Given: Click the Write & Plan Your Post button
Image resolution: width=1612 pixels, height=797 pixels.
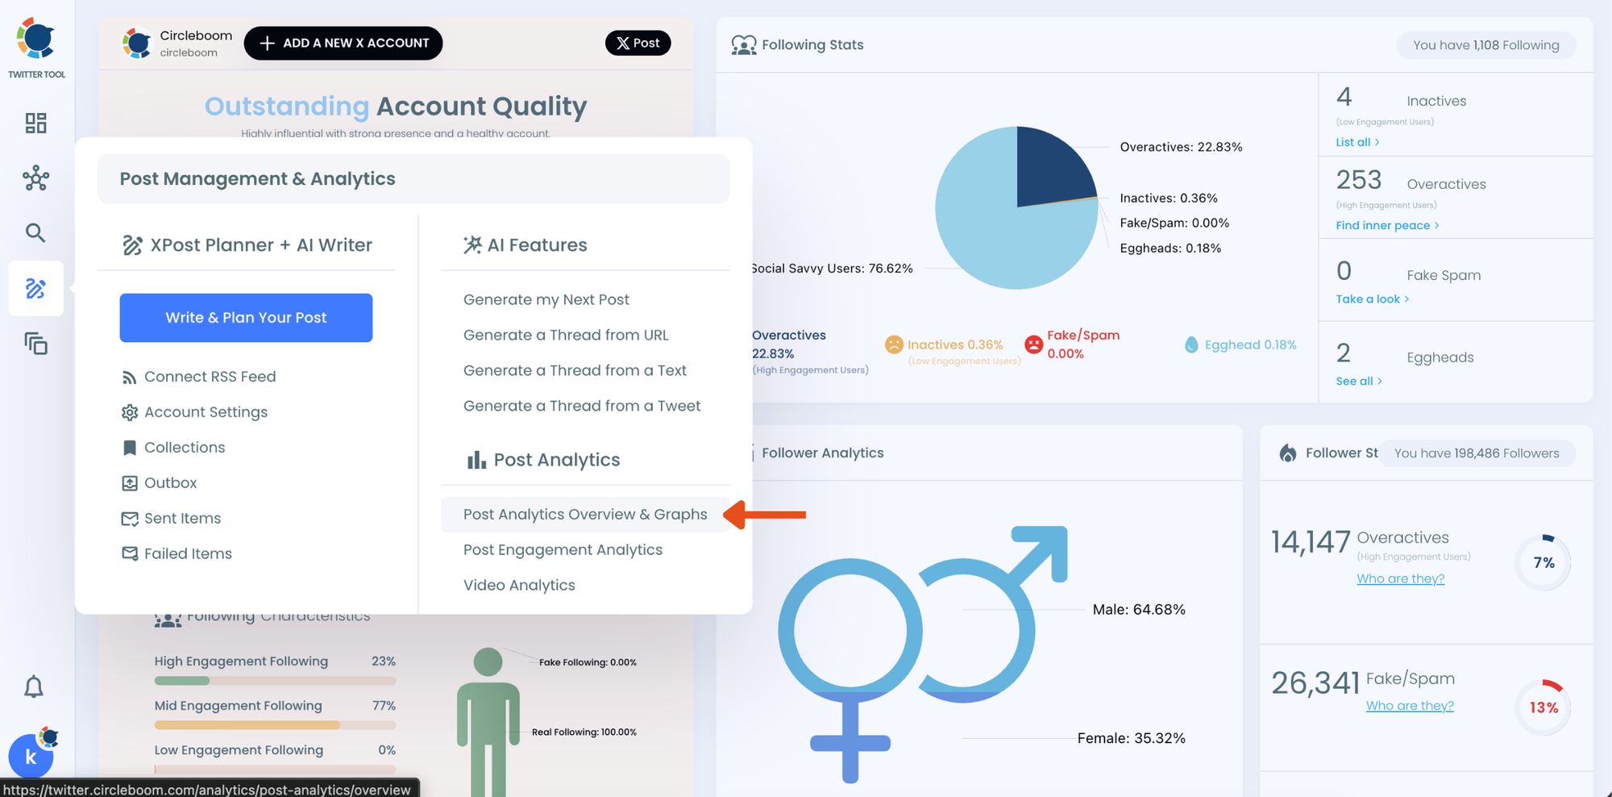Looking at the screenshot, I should click(x=246, y=318).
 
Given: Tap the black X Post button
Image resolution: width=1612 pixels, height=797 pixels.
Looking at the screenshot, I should click(x=638, y=43).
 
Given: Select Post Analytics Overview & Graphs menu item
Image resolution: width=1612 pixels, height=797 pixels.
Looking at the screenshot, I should click(x=585, y=515).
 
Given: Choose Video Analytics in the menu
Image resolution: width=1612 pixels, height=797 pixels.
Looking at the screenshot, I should click(x=519, y=586).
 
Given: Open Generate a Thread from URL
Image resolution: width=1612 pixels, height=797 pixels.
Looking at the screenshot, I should click(x=566, y=335).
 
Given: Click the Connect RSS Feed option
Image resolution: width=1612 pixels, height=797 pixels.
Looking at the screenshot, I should click(x=210, y=377).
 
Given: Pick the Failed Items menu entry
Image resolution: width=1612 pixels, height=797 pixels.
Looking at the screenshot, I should click(x=188, y=554).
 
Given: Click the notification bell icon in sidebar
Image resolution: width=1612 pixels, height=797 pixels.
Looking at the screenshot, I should click(x=34, y=687).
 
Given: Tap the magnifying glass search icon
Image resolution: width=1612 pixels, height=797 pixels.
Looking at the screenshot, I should click(x=35, y=233).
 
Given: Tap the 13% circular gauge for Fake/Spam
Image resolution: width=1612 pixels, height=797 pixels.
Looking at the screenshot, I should click(x=1543, y=707).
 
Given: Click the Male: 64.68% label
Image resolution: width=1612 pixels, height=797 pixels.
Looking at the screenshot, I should click(x=1138, y=610).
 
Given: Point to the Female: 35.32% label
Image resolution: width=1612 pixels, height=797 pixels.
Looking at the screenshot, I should click(x=1131, y=738).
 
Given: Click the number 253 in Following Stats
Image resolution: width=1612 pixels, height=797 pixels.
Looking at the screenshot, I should click(x=1359, y=180).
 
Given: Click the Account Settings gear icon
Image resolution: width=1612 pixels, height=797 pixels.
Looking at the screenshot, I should click(x=130, y=413).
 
